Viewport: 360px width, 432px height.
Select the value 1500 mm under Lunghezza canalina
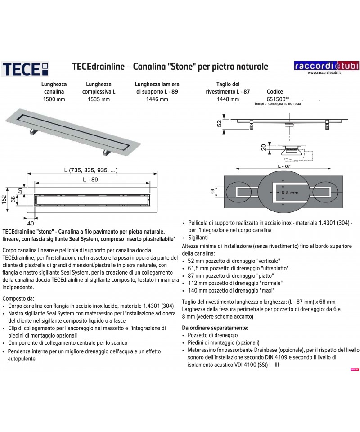click(54, 99)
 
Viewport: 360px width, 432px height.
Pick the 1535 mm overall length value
click(98, 99)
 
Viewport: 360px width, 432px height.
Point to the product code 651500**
click(277, 99)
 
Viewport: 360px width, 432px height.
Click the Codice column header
click(275, 91)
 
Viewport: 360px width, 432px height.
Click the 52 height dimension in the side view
click(220, 123)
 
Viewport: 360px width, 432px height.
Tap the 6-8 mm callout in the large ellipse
click(283, 193)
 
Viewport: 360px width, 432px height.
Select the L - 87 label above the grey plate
click(283, 167)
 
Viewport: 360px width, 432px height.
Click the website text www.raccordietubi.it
click(321, 74)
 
